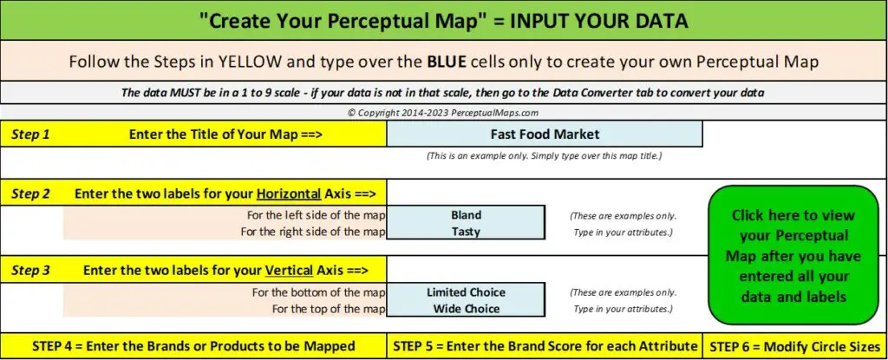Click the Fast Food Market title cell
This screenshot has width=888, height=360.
pyautogui.click(x=545, y=134)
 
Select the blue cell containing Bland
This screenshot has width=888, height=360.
pyautogui.click(x=466, y=215)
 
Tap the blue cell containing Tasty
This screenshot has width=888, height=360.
pyautogui.click(x=466, y=232)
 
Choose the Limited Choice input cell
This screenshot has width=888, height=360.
pyautogui.click(x=466, y=292)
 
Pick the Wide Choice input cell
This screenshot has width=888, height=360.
pyautogui.click(x=466, y=309)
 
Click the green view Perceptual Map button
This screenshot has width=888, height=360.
pyautogui.click(x=793, y=255)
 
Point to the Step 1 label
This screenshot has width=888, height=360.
pyautogui.click(x=30, y=134)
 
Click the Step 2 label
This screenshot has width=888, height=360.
pyautogui.click(x=30, y=194)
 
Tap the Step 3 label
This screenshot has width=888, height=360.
pyautogui.click(x=30, y=271)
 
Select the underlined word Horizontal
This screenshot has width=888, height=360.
pyautogui.click(x=288, y=194)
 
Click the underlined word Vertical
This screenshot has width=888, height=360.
pyautogui.click(x=289, y=271)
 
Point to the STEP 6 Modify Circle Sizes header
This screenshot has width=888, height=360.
pyautogui.click(x=794, y=346)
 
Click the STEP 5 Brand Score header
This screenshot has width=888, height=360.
pyautogui.click(x=545, y=346)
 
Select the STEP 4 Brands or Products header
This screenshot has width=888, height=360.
pyautogui.click(x=193, y=346)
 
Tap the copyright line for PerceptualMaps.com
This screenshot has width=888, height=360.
pyautogui.click(x=443, y=112)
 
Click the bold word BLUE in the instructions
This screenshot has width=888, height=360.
pyautogui.click(x=447, y=62)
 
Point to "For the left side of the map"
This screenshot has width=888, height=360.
pyautogui.click(x=316, y=215)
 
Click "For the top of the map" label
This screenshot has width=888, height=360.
pyautogui.click(x=329, y=310)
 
